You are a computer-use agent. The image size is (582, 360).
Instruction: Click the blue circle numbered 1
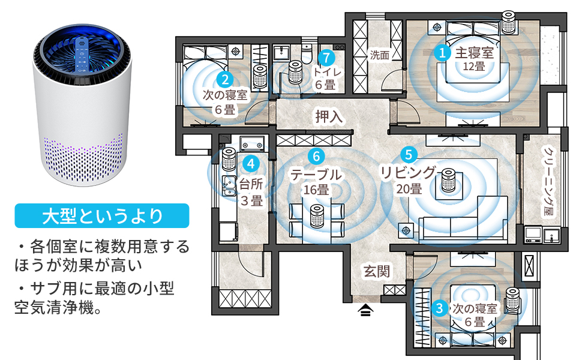click(x=442, y=53)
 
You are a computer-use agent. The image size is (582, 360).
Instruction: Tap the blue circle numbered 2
click(x=225, y=79)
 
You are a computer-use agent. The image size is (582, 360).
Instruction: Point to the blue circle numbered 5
click(x=409, y=154)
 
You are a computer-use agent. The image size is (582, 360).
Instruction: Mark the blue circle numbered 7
click(x=326, y=58)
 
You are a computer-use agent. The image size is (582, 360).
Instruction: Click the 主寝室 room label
click(x=474, y=52)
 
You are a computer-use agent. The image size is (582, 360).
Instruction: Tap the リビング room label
click(x=409, y=173)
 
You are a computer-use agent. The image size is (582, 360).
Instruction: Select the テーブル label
click(x=316, y=175)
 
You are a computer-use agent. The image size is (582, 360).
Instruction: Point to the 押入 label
click(x=329, y=116)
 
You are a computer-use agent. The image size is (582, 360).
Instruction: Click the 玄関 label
click(x=377, y=271)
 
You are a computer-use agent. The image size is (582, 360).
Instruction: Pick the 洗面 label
click(x=379, y=56)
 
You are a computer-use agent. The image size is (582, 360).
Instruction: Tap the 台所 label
click(x=251, y=183)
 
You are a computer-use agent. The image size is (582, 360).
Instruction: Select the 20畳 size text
click(x=409, y=189)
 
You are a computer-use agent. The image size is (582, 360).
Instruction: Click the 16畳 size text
click(x=316, y=191)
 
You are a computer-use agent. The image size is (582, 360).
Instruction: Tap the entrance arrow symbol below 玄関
click(x=366, y=310)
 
